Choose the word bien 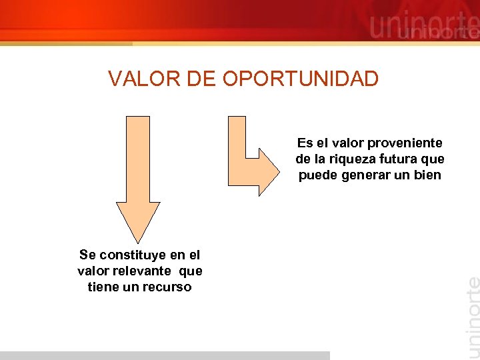click(x=427, y=175)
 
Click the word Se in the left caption click(x=87, y=255)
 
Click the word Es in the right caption click(x=305, y=143)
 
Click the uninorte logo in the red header click(x=423, y=27)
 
